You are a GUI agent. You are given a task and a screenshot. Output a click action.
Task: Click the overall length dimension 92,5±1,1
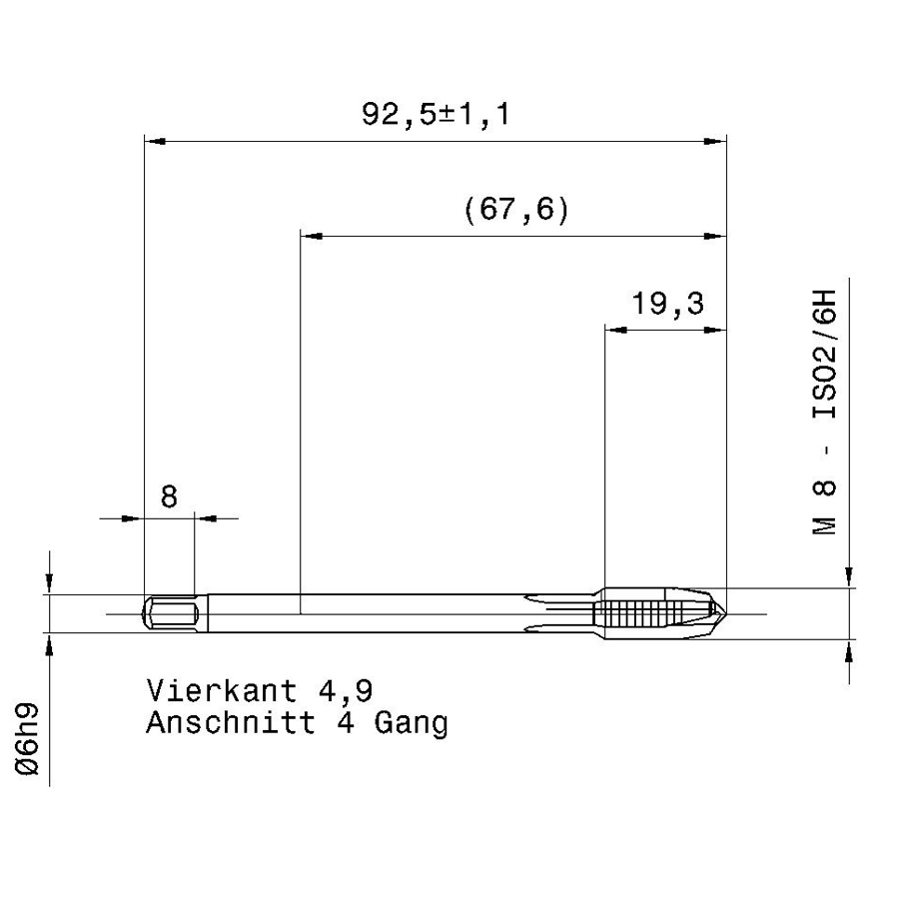[436, 114]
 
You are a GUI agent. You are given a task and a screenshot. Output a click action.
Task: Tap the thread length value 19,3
[667, 304]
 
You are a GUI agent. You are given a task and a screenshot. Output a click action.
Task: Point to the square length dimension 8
[169, 496]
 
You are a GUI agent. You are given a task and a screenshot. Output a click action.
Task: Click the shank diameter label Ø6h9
[27, 739]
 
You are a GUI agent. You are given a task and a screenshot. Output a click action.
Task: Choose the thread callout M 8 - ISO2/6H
[824, 413]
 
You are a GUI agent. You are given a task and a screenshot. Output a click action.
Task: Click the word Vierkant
[222, 690]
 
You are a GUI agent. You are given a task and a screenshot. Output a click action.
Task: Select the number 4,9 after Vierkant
[346, 691]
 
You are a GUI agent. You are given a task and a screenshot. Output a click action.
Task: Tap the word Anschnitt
[231, 722]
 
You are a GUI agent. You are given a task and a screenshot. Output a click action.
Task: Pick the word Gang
[412, 724]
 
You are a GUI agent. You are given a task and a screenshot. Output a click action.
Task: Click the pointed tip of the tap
[726, 614]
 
